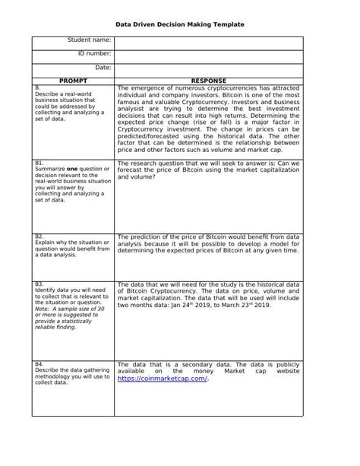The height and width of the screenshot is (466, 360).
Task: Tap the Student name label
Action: pyautogui.click(x=90, y=40)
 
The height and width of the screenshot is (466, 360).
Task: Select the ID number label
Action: pyautogui.click(x=95, y=54)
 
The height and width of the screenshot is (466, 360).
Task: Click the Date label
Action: pyautogui.click(x=103, y=68)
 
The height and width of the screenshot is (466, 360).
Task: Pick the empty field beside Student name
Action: pyautogui.click(x=209, y=40)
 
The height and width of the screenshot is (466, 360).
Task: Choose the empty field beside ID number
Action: pyautogui.click(x=209, y=54)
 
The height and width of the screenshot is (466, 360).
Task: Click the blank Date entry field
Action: pyautogui.click(x=209, y=68)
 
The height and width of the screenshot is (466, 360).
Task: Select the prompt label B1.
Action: pyautogui.click(x=39, y=163)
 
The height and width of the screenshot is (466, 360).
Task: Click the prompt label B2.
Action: pyautogui.click(x=39, y=236)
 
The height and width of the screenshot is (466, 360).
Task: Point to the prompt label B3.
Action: pyautogui.click(x=39, y=284)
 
